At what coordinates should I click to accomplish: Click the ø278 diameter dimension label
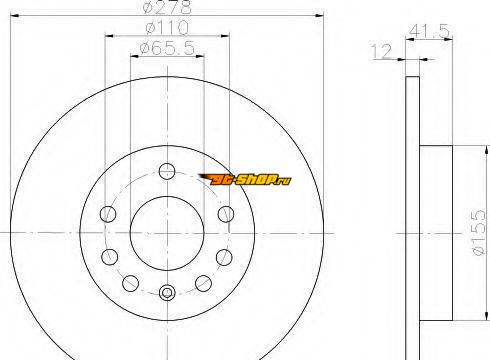coord(167,7)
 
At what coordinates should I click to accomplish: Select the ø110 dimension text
coord(168,28)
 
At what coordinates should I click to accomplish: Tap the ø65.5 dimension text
coord(167,48)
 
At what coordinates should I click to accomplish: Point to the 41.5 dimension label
coord(429,31)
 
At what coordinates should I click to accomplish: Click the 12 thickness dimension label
coord(382,51)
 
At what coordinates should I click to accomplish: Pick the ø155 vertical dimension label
coord(479,232)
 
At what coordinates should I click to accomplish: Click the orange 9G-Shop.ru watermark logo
coord(245,180)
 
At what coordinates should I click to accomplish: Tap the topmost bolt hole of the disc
coord(167,171)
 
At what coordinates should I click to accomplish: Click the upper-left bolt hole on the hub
coord(108,214)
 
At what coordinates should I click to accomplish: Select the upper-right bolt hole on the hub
coord(226,214)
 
